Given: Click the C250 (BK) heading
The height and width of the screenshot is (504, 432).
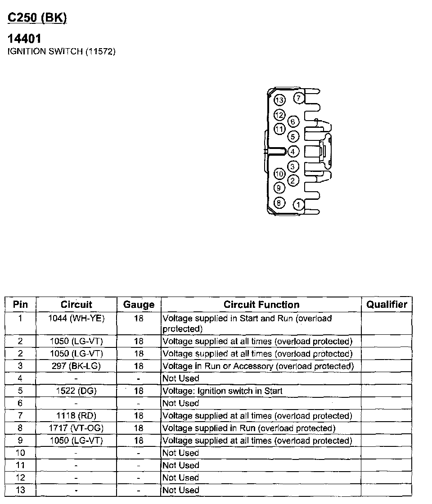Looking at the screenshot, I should (37, 18).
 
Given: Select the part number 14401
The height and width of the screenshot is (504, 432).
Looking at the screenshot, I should (25, 39).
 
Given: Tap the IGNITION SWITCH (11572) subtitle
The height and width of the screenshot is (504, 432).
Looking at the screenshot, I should (62, 51).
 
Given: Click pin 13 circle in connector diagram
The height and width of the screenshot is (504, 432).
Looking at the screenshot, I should (279, 100).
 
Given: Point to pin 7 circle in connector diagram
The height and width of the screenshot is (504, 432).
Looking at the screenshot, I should (299, 98).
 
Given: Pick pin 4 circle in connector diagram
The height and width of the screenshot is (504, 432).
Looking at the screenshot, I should (293, 152).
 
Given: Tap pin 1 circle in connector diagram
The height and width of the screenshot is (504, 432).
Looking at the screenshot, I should (298, 205).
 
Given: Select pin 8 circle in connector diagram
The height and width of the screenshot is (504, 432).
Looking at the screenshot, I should (279, 203).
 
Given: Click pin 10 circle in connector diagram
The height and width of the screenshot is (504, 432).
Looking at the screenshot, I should (279, 174).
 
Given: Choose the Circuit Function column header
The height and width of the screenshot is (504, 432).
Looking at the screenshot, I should (261, 305).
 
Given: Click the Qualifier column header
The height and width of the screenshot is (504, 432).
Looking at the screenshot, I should (387, 305).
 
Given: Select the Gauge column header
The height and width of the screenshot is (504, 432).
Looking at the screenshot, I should (139, 305).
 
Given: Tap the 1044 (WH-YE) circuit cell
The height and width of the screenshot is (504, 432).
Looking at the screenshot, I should (76, 319).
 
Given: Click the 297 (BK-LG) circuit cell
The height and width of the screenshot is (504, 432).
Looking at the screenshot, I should (76, 366).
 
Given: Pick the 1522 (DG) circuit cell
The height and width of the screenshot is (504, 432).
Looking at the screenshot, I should (76, 391).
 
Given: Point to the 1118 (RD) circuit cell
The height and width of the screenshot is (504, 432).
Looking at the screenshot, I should (76, 415).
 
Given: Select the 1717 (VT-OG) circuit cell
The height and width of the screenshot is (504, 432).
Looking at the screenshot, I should (76, 428).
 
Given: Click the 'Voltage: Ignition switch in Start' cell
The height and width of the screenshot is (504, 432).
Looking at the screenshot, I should (222, 391).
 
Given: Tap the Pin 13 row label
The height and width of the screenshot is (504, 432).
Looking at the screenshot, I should (20, 490).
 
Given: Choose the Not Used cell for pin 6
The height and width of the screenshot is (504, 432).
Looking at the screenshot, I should (180, 403).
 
